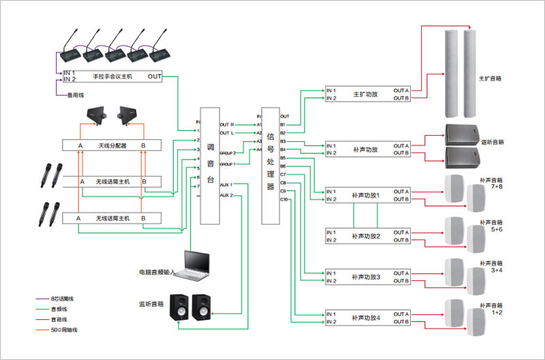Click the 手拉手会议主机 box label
[x=113, y=76]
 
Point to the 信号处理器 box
[x=270, y=166]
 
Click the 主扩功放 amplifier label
[x=366, y=94]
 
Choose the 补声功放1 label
[x=366, y=195]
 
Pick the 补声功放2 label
[x=366, y=236]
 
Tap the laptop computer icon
[x=195, y=265]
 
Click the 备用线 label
[x=74, y=95]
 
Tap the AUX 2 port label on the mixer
[x=226, y=196]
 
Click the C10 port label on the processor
[x=284, y=200]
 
